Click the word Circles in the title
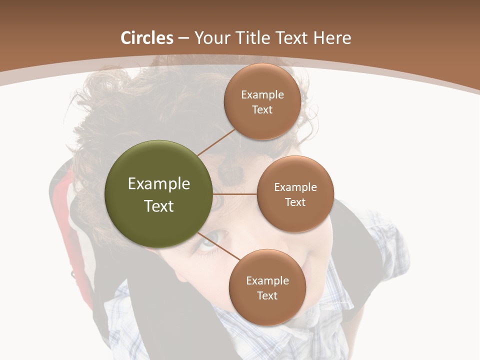[147, 38]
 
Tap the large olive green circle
[159, 194]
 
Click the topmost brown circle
[262, 101]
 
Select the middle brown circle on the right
[295, 194]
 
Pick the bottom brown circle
[267, 287]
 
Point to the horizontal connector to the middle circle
[235, 194]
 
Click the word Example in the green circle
[159, 184]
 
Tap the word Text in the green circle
[159, 206]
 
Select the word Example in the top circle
[262, 95]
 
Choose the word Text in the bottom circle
[267, 295]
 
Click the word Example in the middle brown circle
[295, 187]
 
